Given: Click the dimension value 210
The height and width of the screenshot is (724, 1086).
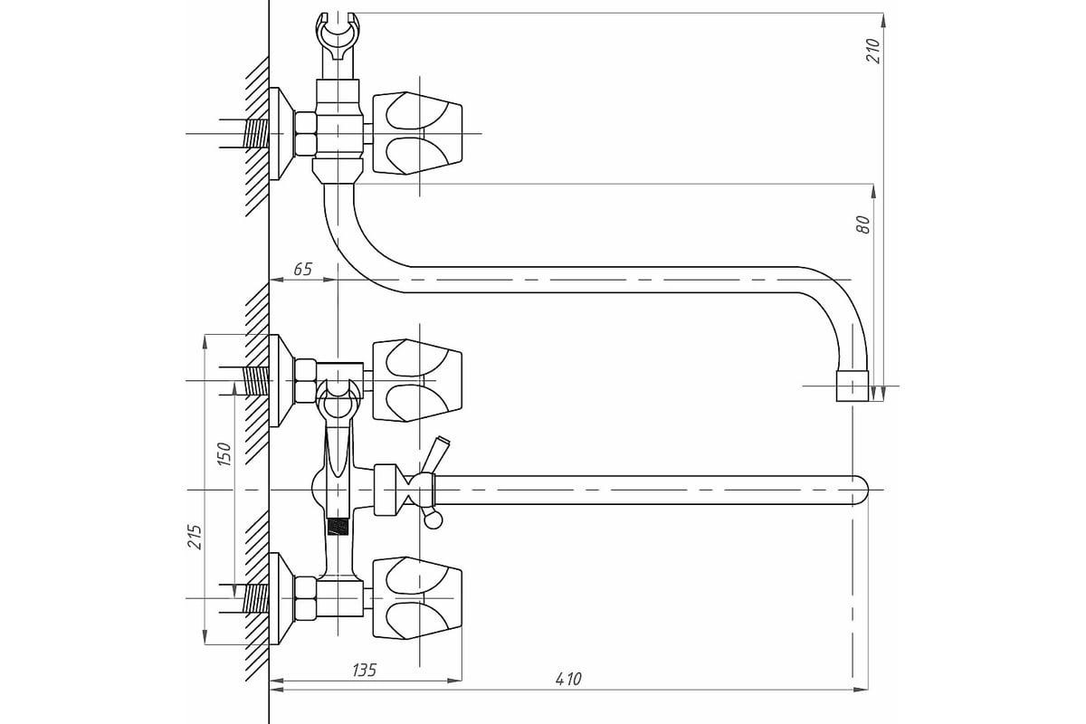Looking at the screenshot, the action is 872,51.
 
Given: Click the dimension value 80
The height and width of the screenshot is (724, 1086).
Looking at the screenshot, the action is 863,224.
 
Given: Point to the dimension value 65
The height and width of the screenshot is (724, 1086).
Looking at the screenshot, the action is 303,269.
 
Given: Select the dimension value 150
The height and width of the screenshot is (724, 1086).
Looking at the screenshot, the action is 224,454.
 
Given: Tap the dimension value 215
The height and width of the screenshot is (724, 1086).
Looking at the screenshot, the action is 195,537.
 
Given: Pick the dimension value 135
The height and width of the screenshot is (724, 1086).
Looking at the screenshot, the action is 364,671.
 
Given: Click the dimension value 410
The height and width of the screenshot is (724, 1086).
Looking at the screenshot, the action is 568,679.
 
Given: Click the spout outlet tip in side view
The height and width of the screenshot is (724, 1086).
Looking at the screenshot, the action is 853,386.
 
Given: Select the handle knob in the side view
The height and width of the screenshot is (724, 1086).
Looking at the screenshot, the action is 417,133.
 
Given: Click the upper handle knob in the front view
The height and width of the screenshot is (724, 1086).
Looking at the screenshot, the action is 417,380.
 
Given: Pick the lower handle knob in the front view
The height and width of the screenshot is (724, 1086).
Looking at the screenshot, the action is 417,598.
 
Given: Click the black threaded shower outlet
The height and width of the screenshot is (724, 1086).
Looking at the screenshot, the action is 338,527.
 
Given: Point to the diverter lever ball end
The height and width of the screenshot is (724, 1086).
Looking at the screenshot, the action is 433,521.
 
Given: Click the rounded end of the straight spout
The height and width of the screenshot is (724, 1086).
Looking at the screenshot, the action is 860,491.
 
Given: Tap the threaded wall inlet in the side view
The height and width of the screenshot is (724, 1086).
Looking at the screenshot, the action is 256,133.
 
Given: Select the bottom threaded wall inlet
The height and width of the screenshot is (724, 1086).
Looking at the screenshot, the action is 256,598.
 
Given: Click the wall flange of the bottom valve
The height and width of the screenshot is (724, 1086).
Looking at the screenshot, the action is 281,598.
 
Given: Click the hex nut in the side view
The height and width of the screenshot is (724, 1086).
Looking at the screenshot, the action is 306,133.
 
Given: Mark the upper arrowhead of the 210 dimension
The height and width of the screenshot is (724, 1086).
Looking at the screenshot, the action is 883,22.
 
